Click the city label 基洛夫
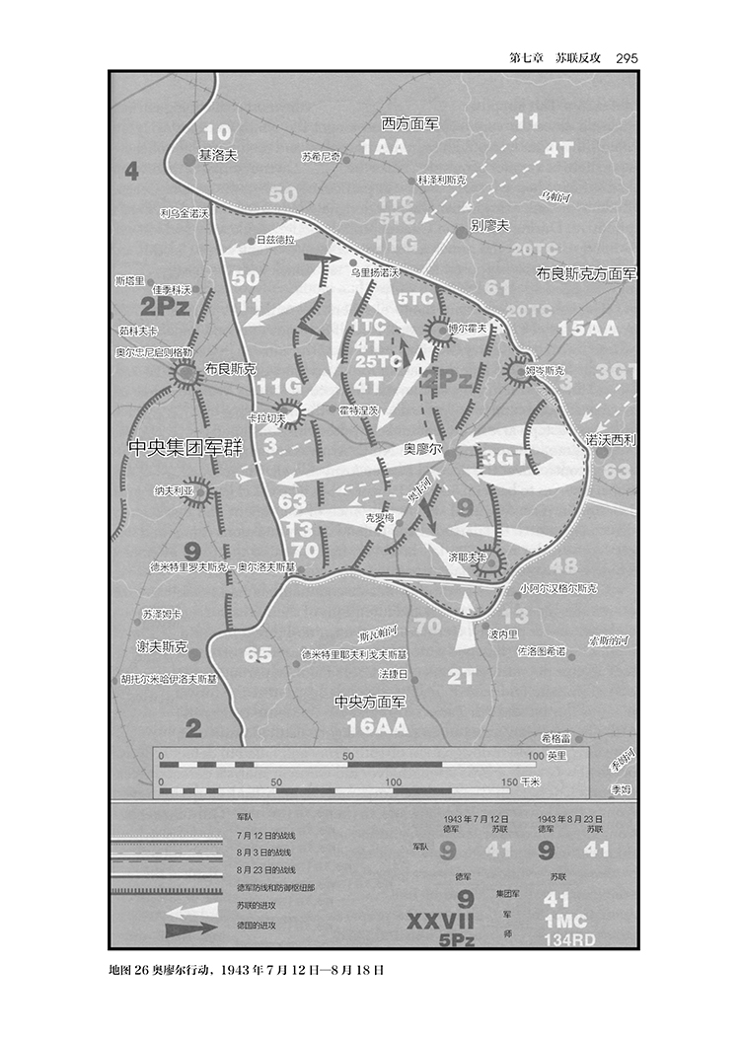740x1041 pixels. pos(218,155)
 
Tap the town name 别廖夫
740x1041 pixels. pos(490,225)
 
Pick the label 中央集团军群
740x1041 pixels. pos(185,446)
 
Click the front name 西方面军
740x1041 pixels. pos(410,123)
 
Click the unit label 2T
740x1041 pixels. pos(462,677)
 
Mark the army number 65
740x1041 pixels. pos(258,654)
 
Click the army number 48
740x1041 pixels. pos(563,565)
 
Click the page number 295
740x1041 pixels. pos(627,57)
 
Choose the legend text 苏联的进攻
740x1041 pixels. pos(257,905)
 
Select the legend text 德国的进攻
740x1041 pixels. pos(257,925)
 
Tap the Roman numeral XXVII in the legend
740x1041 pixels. pos(441,921)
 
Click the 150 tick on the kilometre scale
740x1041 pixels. pos(509,781)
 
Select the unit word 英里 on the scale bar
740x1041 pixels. pos(557,756)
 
